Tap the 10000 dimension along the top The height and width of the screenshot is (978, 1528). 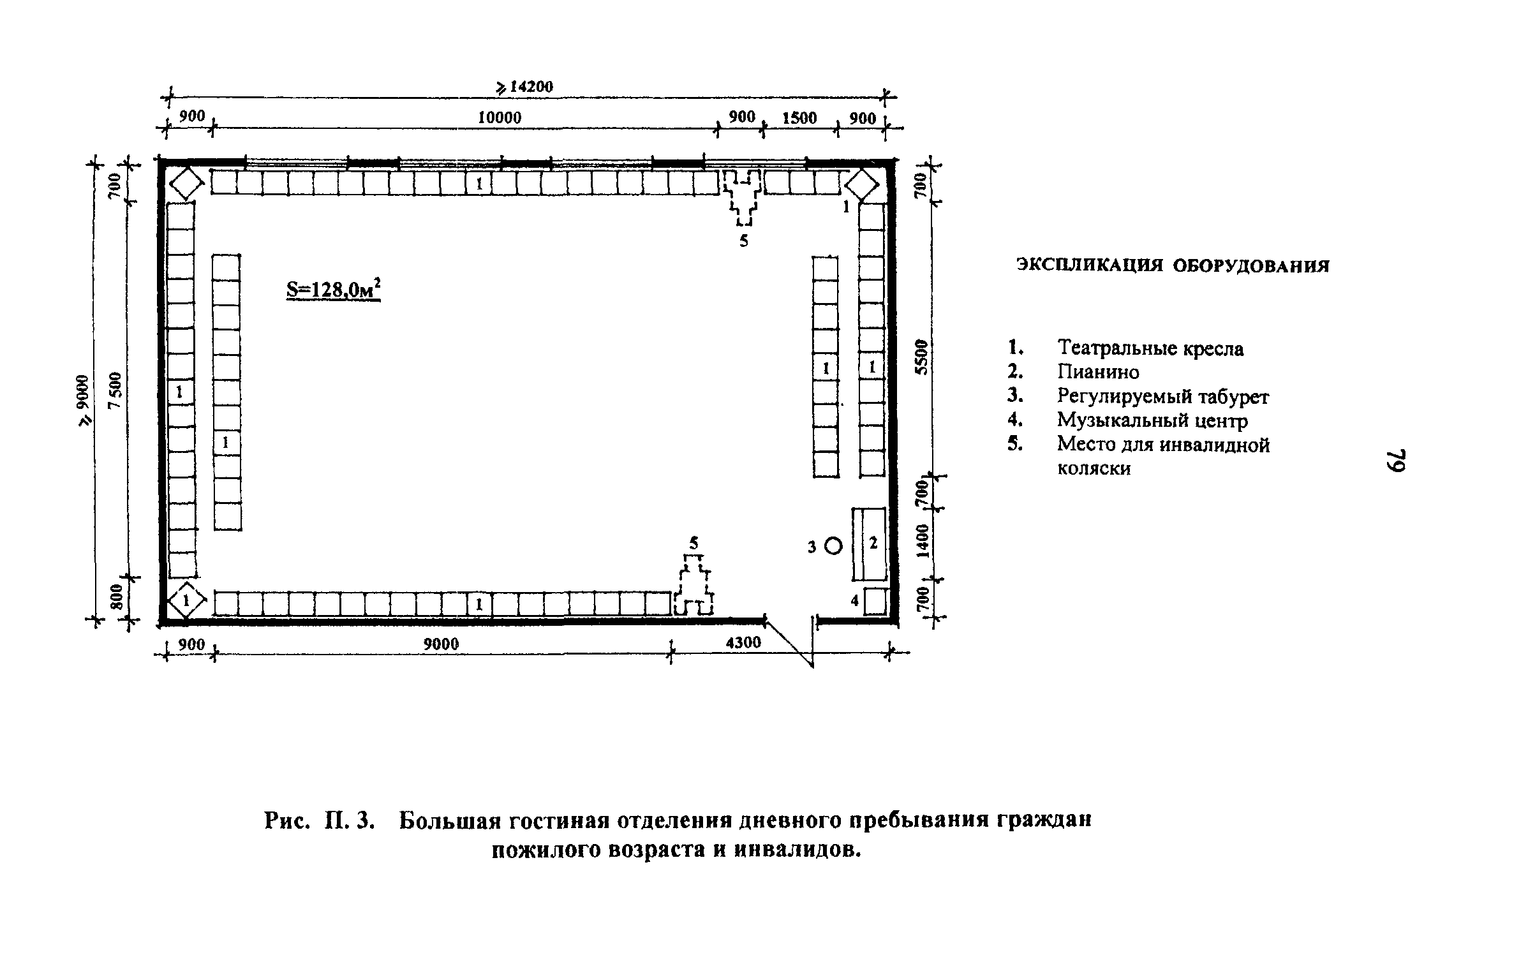click(x=500, y=118)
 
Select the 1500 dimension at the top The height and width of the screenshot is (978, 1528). click(x=799, y=118)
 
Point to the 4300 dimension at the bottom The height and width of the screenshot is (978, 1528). click(x=743, y=642)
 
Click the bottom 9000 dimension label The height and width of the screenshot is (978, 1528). click(x=441, y=644)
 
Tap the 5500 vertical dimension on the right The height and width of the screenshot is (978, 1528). click(x=920, y=357)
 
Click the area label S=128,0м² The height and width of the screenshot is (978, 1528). click(x=333, y=291)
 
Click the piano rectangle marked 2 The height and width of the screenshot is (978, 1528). click(x=870, y=544)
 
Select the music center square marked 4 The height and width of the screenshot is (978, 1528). click(x=876, y=601)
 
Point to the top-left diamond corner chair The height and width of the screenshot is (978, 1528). click(x=186, y=184)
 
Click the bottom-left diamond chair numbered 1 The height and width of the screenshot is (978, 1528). click(x=186, y=600)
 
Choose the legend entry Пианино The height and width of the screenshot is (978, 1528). click(x=1098, y=372)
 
